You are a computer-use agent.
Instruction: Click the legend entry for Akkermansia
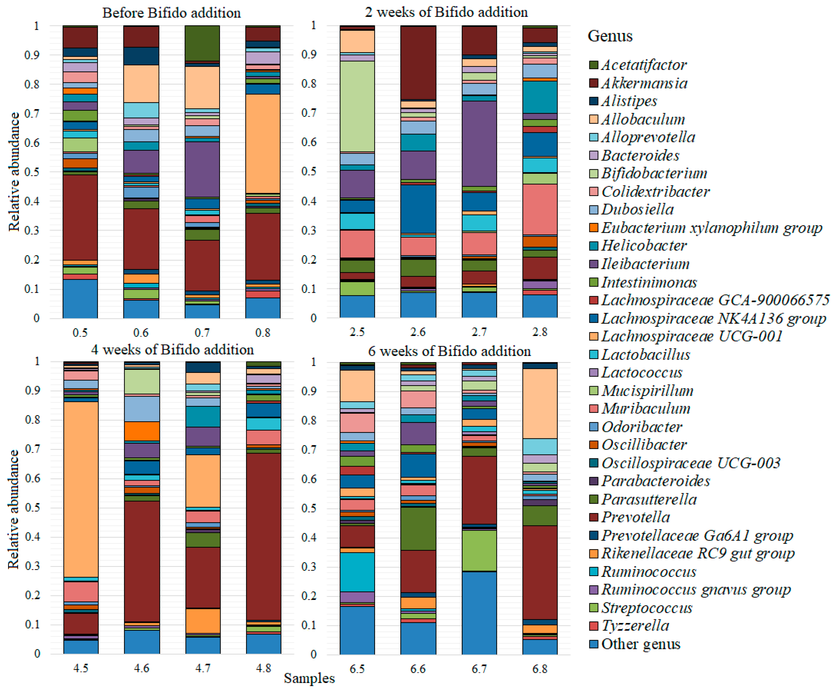pyautogui.click(x=644, y=83)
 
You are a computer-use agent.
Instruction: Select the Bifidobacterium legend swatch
pyautogui.click(x=593, y=173)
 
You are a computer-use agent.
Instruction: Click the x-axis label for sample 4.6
pyautogui.click(x=141, y=668)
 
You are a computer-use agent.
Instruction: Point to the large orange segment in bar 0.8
pyautogui.click(x=263, y=143)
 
